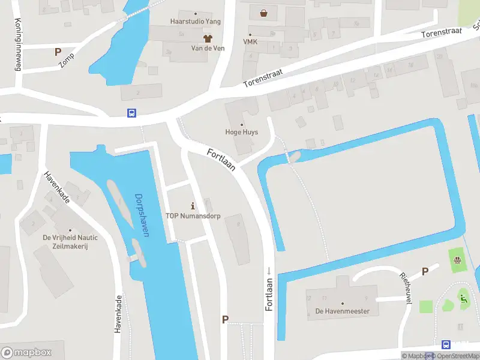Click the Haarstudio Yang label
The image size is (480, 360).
tap(196, 22)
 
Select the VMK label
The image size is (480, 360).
tap(250, 41)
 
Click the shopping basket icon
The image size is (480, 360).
tap(264, 13)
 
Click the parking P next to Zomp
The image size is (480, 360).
tap(58, 52)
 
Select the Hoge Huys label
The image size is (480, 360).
tap(241, 132)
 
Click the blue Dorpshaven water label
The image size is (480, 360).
tap(142, 214)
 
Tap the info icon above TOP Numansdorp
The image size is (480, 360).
tap(193, 206)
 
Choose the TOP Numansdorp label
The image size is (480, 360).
tap(193, 216)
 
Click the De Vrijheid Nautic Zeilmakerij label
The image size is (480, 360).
tap(70, 242)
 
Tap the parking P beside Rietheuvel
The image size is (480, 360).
tap(425, 272)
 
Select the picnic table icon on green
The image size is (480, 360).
tap(457, 260)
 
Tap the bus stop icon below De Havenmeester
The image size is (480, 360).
tap(446, 344)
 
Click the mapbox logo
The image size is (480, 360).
tap(26, 353)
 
